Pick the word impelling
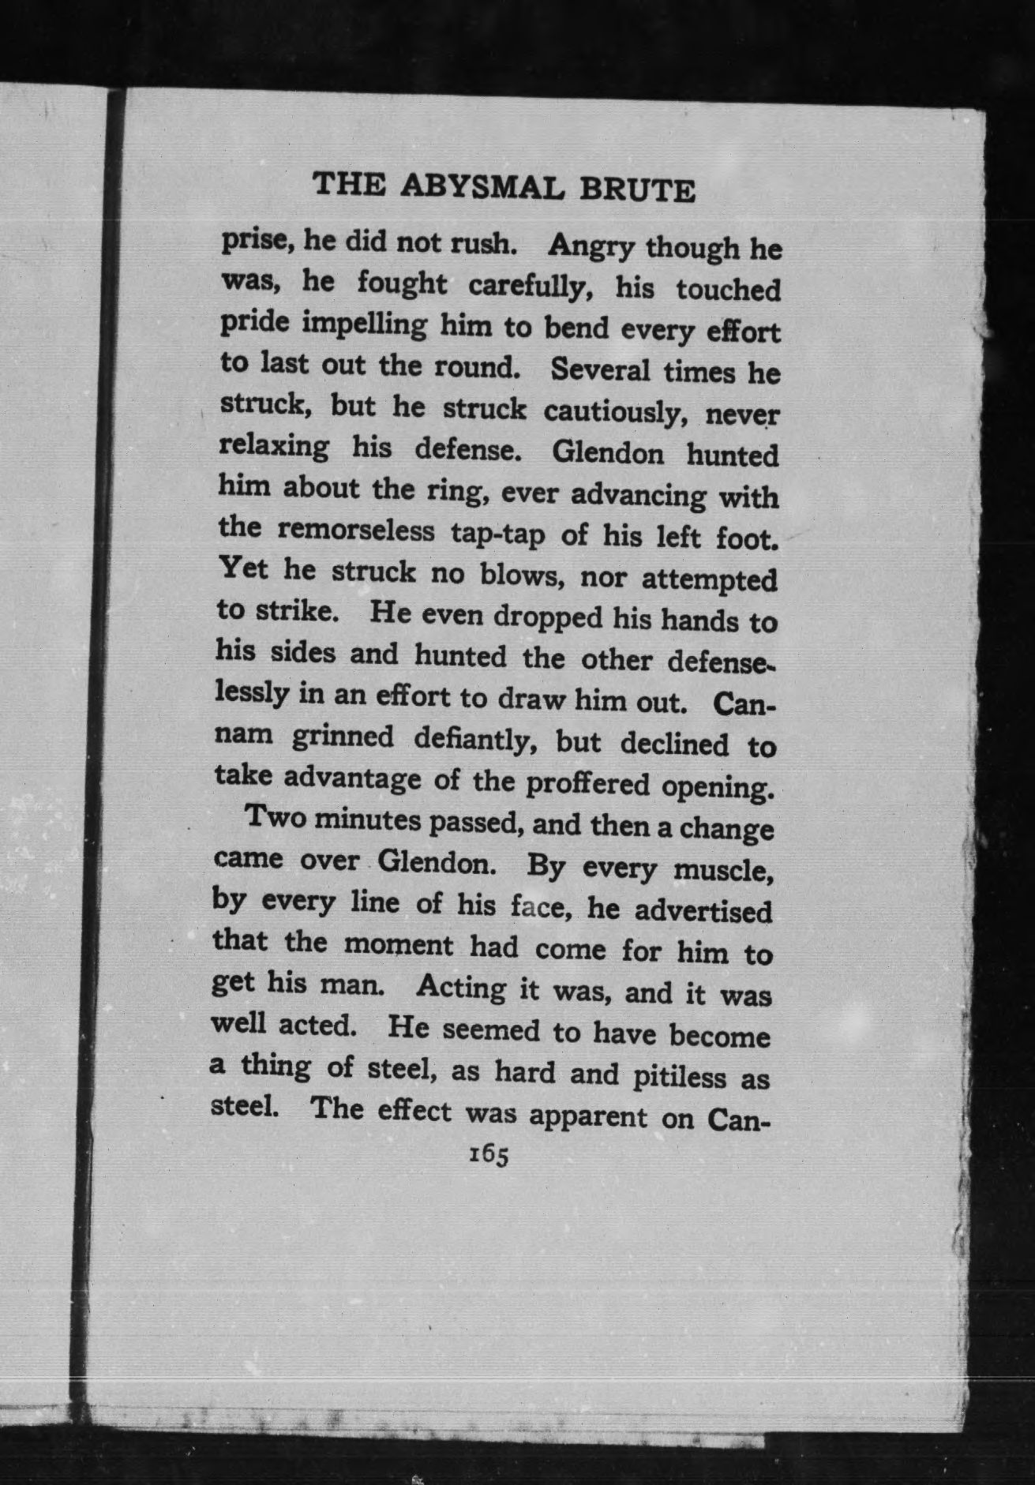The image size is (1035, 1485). [x=353, y=325]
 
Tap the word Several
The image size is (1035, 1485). [x=601, y=370]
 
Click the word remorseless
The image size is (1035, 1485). [x=355, y=530]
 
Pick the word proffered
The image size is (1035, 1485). [x=588, y=783]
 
